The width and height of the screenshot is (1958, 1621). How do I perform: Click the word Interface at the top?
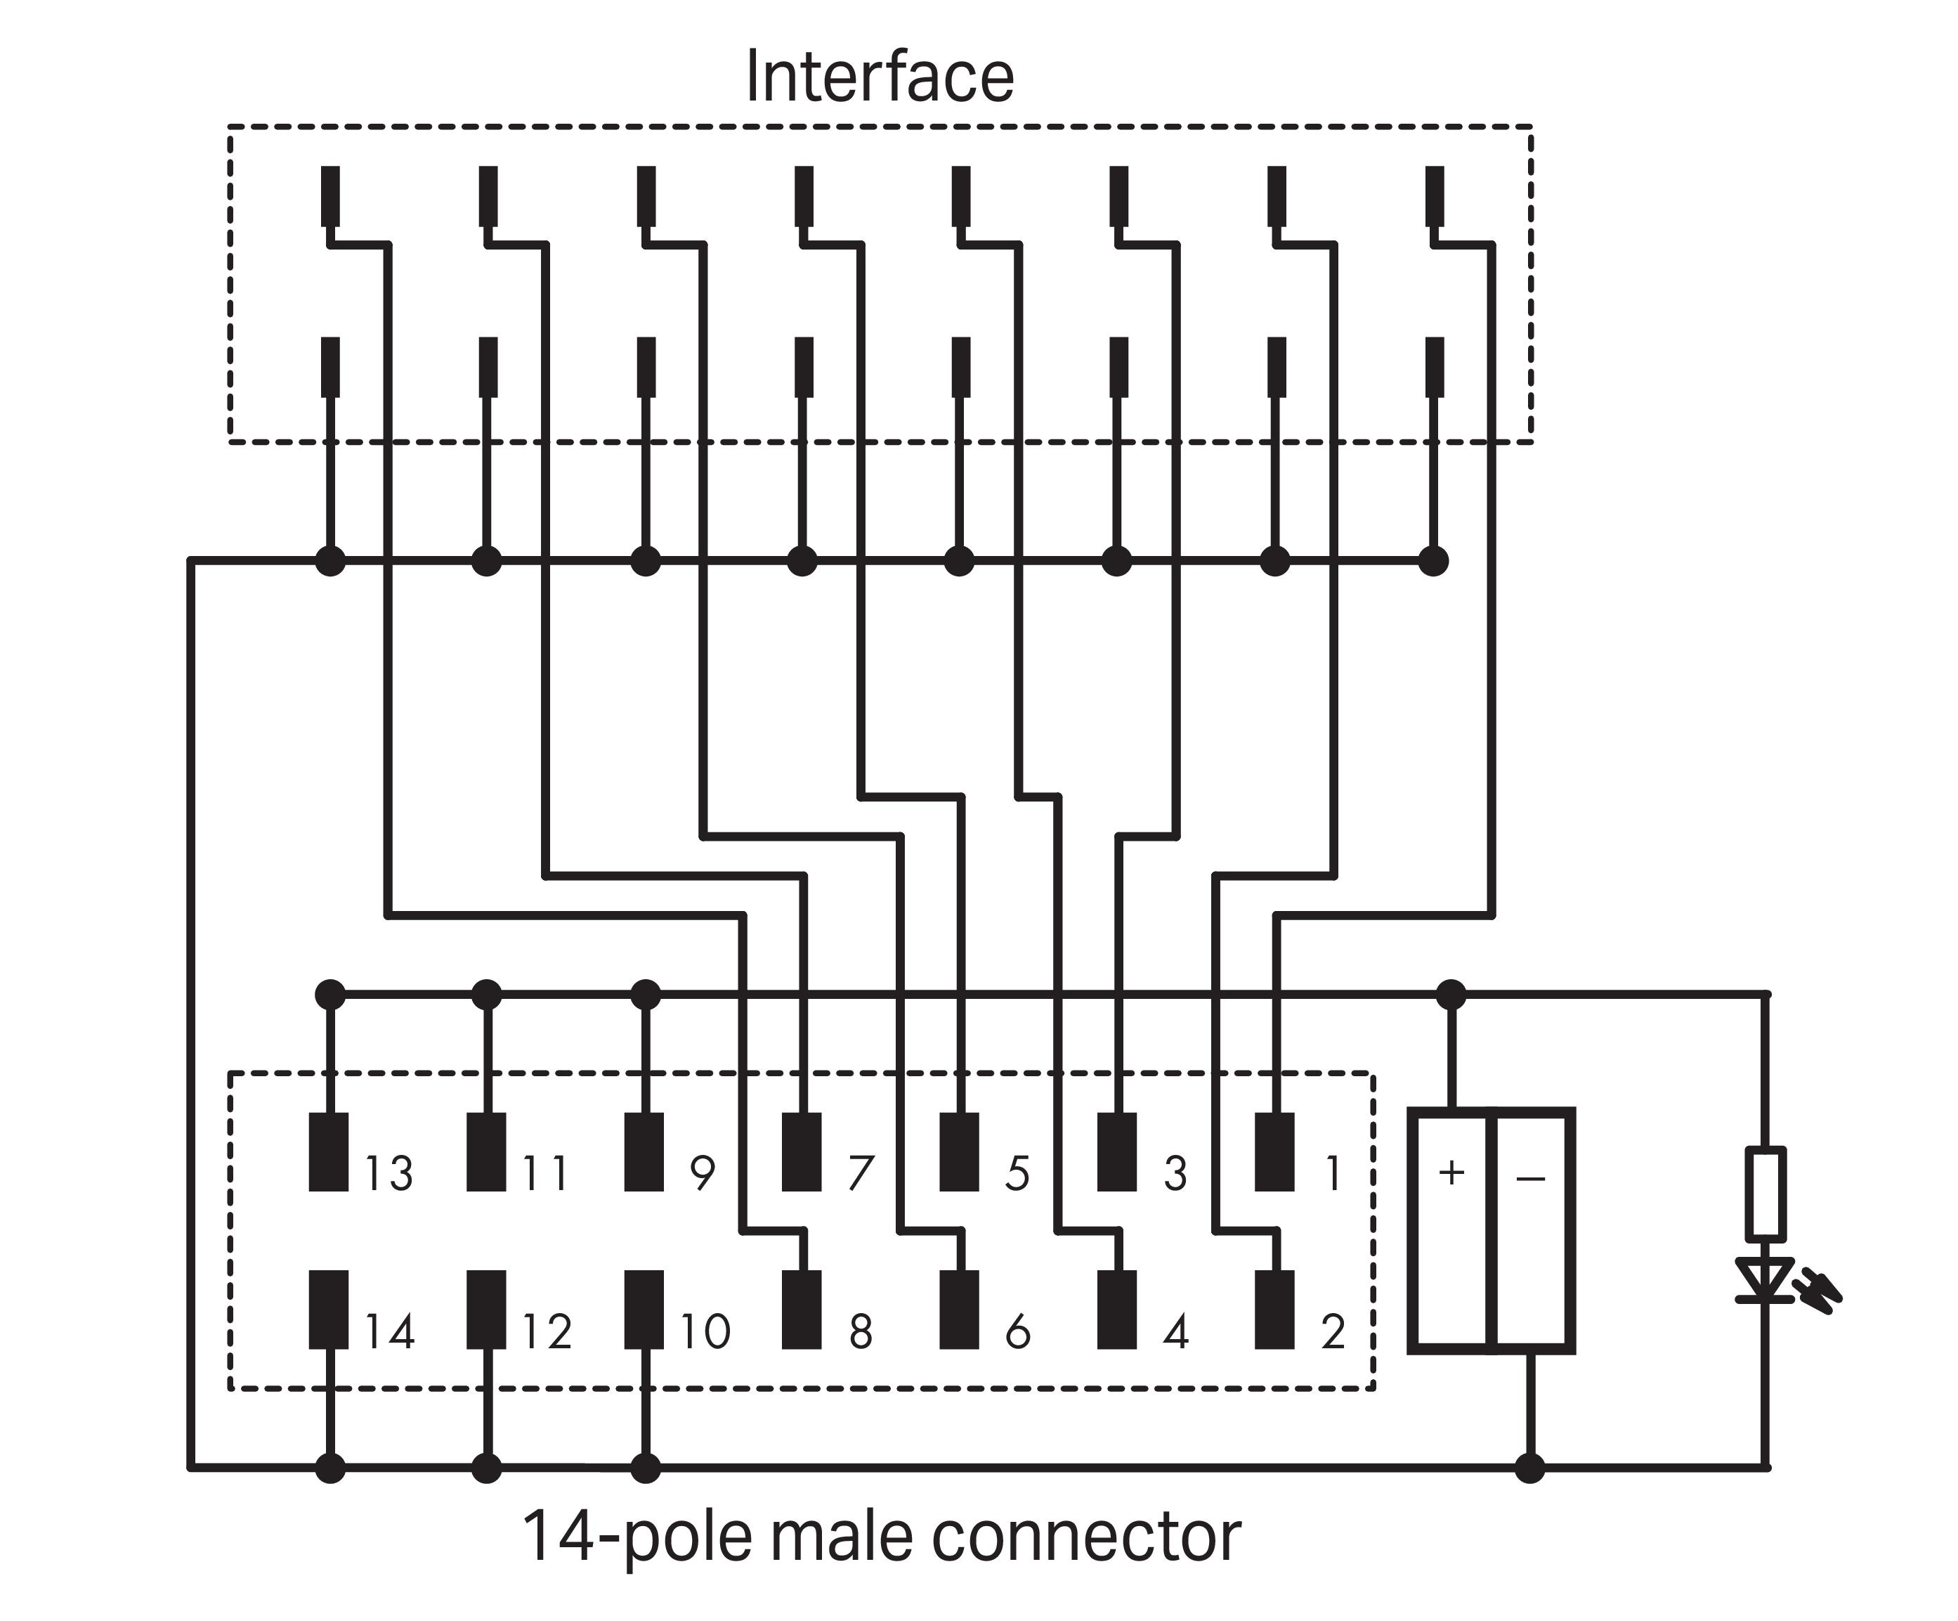pyautogui.click(x=879, y=77)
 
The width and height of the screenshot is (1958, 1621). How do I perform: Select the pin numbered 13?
pyautogui.click(x=328, y=1152)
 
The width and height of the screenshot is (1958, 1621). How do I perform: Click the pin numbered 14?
pyautogui.click(x=328, y=1310)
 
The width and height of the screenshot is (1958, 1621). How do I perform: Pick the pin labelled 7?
pyautogui.click(x=802, y=1152)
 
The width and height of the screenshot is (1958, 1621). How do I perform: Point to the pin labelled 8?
pyautogui.click(x=802, y=1310)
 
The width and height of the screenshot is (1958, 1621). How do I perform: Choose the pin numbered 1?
pyautogui.click(x=1274, y=1152)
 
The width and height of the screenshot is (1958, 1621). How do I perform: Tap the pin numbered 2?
pyautogui.click(x=1274, y=1310)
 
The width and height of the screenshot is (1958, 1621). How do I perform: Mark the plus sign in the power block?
pyautogui.click(x=1451, y=1173)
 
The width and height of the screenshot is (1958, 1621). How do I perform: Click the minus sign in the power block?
pyautogui.click(x=1530, y=1179)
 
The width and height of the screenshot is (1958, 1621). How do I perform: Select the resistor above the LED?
pyautogui.click(x=1765, y=1193)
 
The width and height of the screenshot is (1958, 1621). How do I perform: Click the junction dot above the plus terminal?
pyautogui.click(x=1451, y=995)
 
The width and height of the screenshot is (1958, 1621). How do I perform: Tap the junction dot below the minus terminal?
pyautogui.click(x=1530, y=1468)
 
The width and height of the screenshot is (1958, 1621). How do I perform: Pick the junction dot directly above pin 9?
pyautogui.click(x=645, y=995)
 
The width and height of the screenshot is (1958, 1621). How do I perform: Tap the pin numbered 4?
pyautogui.click(x=1117, y=1310)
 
